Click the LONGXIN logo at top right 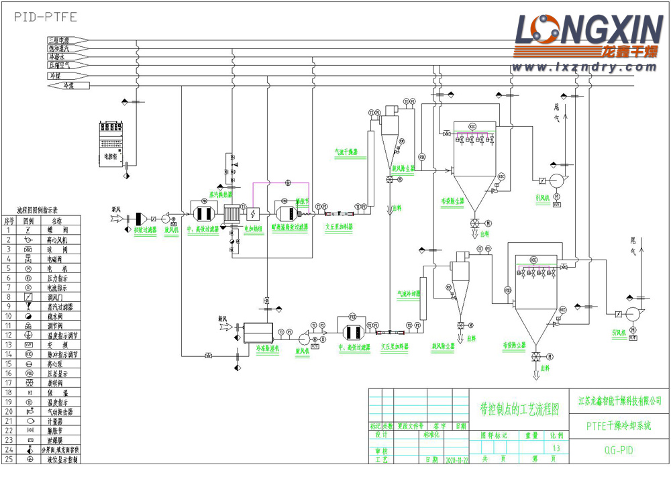tap(588, 34)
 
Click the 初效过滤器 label tap(144, 229)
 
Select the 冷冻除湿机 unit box tap(258, 332)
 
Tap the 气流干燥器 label tap(347, 152)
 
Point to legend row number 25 tap(9, 459)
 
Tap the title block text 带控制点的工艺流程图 tap(516, 406)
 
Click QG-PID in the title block tap(618, 450)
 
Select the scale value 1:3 tap(555, 449)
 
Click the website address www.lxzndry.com tap(581, 68)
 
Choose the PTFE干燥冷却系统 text tap(618, 425)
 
